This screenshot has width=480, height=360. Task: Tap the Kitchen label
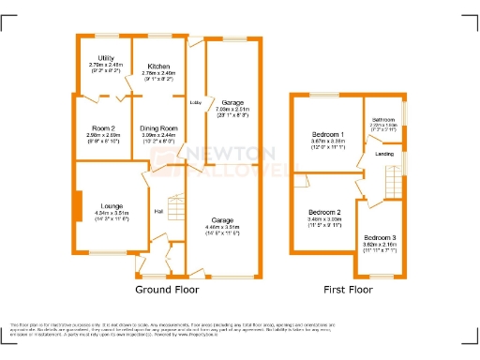[x=157, y=67]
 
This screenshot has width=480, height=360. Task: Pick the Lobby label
[x=196, y=102]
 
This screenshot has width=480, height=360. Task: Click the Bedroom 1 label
[x=327, y=135]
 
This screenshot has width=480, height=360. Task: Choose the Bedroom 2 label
[x=323, y=212]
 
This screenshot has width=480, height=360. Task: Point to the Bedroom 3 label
[x=380, y=238]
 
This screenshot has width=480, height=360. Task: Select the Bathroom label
[x=382, y=119]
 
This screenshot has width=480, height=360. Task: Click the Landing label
[x=384, y=154]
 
